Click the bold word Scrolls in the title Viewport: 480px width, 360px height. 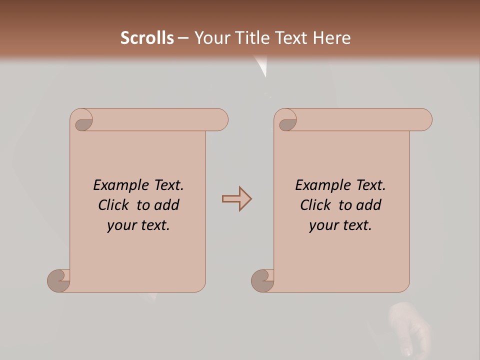click(x=147, y=38)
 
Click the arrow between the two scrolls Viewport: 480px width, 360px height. click(x=236, y=199)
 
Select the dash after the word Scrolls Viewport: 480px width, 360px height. click(x=183, y=38)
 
